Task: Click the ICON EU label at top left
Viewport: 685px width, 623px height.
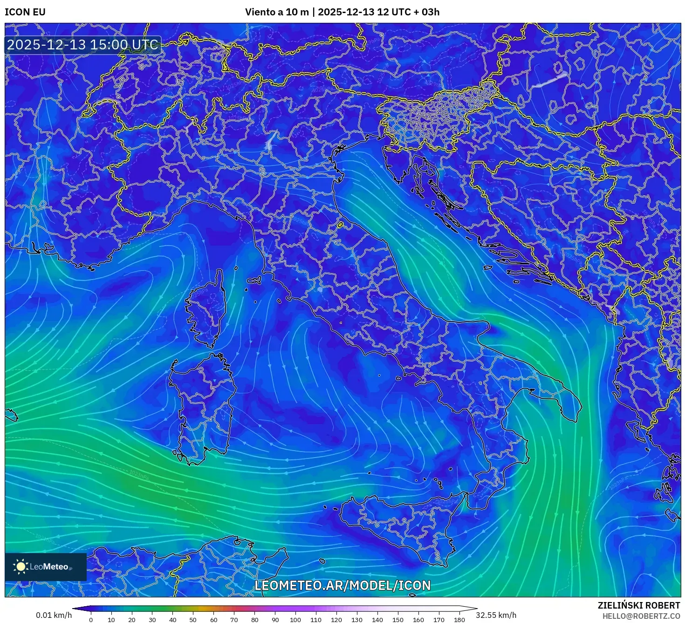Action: pyautogui.click(x=25, y=12)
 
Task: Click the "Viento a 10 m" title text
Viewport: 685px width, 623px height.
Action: pyautogui.click(x=277, y=12)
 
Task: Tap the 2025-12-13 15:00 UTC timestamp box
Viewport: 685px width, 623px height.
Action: pyautogui.click(x=82, y=45)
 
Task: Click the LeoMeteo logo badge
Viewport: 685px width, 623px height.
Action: pyautogui.click(x=46, y=567)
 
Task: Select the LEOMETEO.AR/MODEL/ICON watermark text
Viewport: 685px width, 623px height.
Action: pyautogui.click(x=342, y=586)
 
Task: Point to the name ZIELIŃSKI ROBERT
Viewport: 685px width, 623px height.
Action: pyautogui.click(x=639, y=605)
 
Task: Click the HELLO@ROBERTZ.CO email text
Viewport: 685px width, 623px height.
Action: pyautogui.click(x=641, y=616)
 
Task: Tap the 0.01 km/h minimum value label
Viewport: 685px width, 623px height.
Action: pyautogui.click(x=54, y=615)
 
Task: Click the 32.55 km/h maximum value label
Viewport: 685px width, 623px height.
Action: pyautogui.click(x=496, y=615)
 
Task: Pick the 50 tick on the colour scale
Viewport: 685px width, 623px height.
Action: pyautogui.click(x=193, y=619)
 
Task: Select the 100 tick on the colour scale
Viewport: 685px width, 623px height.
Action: pyautogui.click(x=295, y=619)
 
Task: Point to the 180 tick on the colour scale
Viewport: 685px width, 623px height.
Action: pyautogui.click(x=459, y=619)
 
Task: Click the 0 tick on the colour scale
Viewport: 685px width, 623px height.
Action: pyautogui.click(x=91, y=619)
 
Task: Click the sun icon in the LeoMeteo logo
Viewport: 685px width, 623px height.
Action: pyautogui.click(x=21, y=567)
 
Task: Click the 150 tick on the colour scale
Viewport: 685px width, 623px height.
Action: pyautogui.click(x=398, y=619)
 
